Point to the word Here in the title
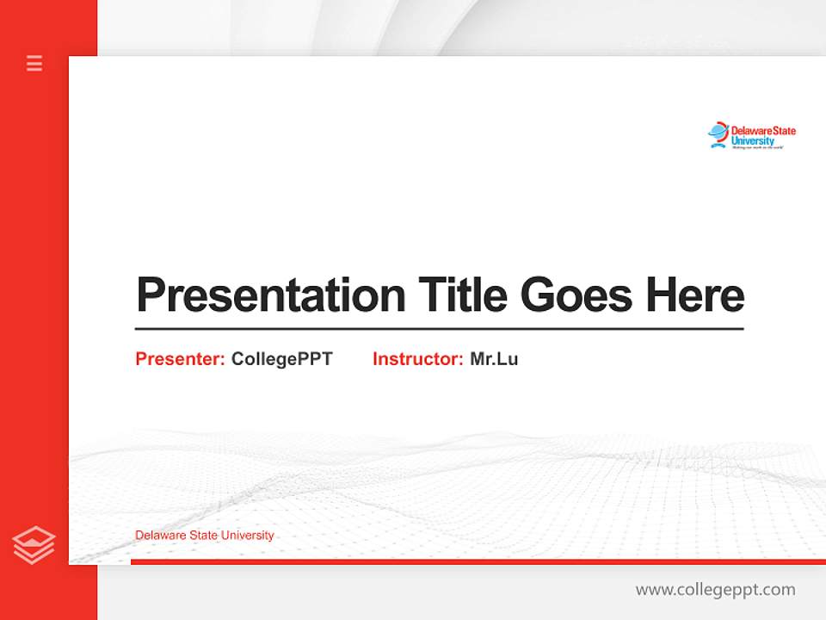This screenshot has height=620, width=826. [x=695, y=294]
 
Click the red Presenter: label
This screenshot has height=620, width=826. [x=180, y=359]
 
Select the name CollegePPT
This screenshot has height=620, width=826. [x=281, y=359]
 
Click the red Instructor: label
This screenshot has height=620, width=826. [x=417, y=359]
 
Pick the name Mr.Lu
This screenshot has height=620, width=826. [x=494, y=359]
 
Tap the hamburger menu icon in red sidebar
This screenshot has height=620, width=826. [x=34, y=63]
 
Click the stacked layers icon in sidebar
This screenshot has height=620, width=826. [x=34, y=545]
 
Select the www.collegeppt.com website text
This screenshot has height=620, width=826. [x=715, y=590]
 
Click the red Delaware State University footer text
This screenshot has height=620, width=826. [x=204, y=536]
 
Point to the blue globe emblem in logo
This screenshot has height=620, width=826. [x=718, y=133]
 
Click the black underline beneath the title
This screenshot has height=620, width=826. [x=439, y=328]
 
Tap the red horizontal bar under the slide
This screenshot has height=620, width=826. [x=478, y=561]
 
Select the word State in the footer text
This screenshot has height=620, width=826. [x=202, y=536]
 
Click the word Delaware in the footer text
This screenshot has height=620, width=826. [x=158, y=536]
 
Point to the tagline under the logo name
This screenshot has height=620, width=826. [x=757, y=148]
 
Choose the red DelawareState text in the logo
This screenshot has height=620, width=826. [x=763, y=131]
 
